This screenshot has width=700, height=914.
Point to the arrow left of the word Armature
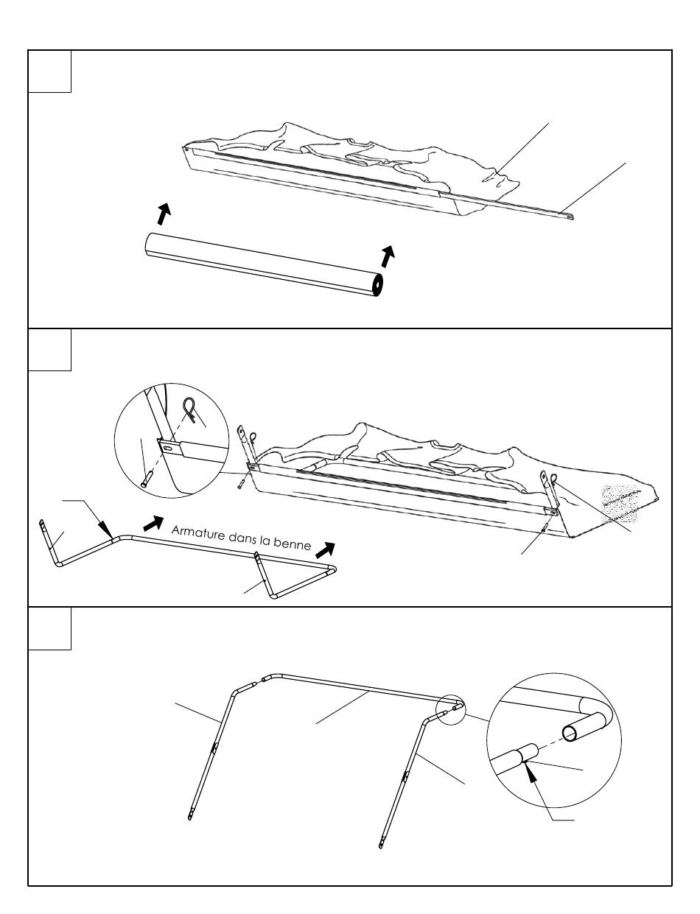[153, 523]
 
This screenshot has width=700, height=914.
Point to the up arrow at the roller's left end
[164, 213]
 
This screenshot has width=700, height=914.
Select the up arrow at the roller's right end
[388, 256]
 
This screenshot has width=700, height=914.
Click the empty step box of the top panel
[49, 71]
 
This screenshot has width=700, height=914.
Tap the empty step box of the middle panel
[49, 350]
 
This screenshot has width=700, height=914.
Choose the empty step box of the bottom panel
[49, 628]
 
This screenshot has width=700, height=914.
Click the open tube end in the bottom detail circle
[572, 733]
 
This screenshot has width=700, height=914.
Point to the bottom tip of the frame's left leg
[189, 817]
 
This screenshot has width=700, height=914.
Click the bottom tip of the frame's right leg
[382, 846]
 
